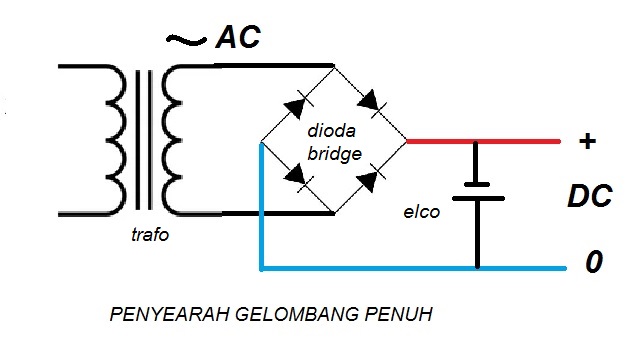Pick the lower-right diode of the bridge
click(371, 180)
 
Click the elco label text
click(421, 211)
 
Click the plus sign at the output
click(589, 141)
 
